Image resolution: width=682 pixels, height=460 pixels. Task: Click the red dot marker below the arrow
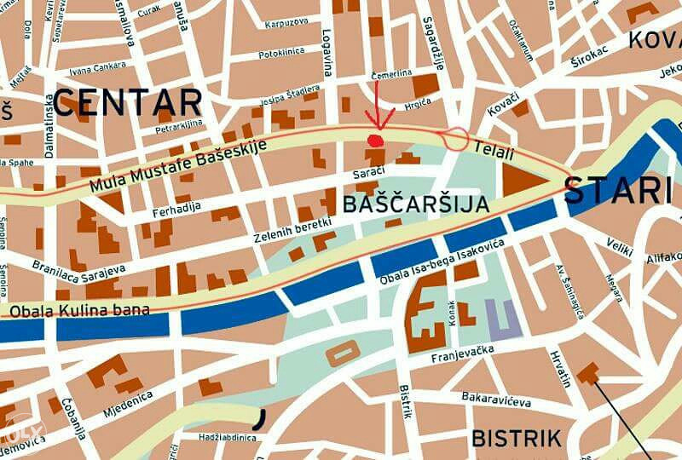click(x=373, y=140)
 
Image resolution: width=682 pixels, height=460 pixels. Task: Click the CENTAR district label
click(x=128, y=102)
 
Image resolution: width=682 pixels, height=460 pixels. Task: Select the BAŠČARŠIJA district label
click(x=415, y=204)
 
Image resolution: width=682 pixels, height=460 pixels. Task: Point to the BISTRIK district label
click(x=517, y=439)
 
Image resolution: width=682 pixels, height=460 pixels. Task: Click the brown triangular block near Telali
click(x=519, y=181)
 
